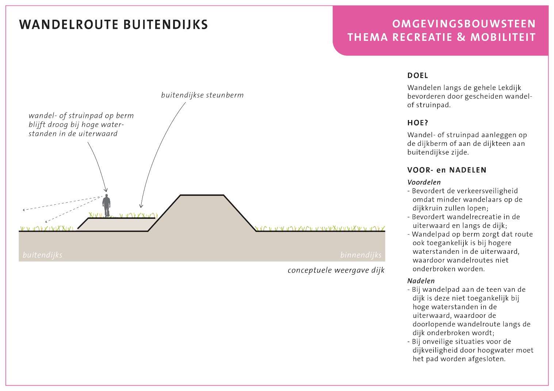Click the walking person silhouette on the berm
pos(106,205)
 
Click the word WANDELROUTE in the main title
pos(69,25)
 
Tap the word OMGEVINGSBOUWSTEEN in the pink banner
pos(464,24)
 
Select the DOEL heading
pos(417,76)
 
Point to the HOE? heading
pos(418,123)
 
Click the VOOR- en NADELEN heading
pos(447,170)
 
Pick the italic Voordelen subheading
pos(424,182)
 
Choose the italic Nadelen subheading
pos(421,281)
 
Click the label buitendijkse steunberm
pos(202,95)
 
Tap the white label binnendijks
pos(361,255)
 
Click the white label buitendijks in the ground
pos(42,255)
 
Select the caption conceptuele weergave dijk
pos(336,270)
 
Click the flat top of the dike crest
pos(202,195)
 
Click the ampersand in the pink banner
pos(461,37)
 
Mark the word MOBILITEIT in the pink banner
pos(503,37)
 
